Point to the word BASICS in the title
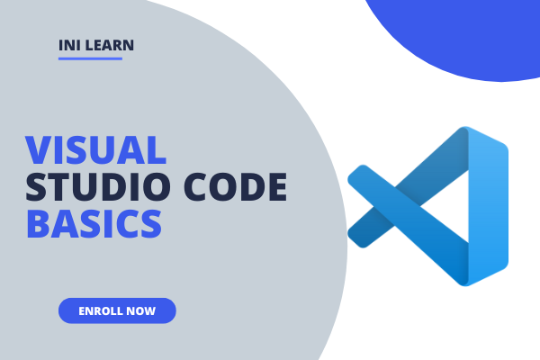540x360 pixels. click(x=94, y=222)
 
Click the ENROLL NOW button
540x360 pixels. click(x=117, y=310)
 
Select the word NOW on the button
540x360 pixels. click(x=142, y=310)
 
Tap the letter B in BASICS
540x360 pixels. click(x=37, y=222)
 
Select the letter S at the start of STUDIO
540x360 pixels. click(x=37, y=186)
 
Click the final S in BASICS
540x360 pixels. click(x=152, y=222)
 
